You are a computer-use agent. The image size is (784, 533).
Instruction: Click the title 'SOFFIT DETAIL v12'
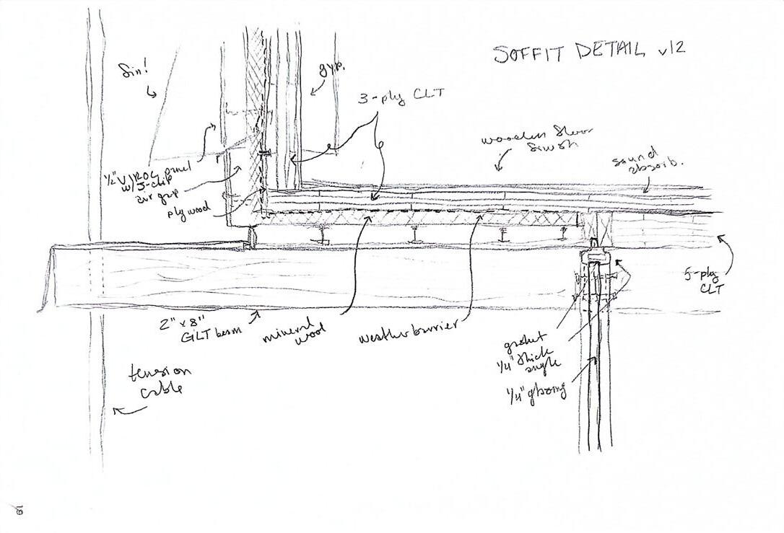[588, 52]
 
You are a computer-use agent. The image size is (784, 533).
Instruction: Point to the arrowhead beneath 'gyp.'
[311, 92]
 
